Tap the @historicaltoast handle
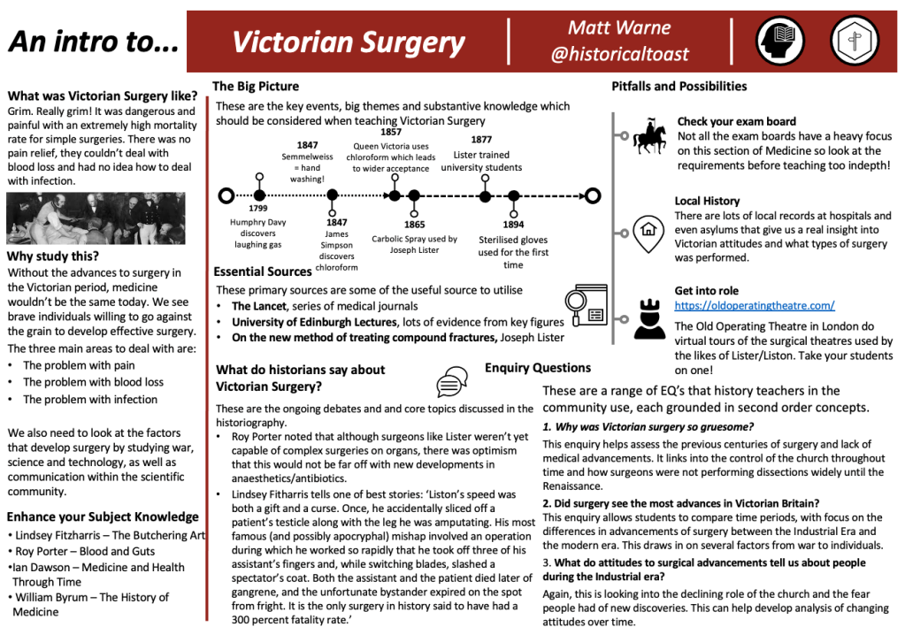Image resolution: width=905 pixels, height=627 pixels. tap(619, 55)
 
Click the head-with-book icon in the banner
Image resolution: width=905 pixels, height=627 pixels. tap(779, 41)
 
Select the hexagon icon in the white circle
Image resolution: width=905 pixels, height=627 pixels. tap(855, 41)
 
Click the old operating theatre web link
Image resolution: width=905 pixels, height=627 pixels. tap(755, 306)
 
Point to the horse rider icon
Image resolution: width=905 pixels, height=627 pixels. tap(650, 137)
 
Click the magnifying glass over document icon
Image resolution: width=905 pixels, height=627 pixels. tap(586, 305)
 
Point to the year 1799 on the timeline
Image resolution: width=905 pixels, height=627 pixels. tap(258, 208)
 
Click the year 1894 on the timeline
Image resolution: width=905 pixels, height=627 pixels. tap(513, 224)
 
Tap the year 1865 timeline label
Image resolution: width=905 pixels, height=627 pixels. tap(414, 225)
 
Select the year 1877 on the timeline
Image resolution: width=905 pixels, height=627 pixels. tap(481, 139)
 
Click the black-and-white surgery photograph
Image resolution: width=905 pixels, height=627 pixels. tap(96, 218)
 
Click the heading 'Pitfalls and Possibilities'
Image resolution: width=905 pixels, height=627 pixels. tap(679, 86)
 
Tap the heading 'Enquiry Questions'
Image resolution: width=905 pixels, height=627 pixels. tap(538, 368)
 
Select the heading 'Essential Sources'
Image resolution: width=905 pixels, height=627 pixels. tap(263, 271)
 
